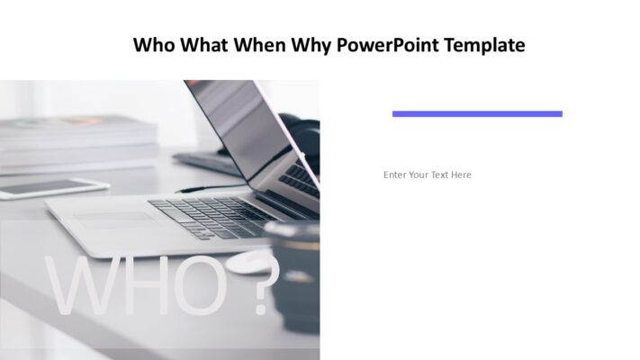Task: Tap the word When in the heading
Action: click(x=260, y=45)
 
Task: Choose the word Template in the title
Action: click(x=482, y=45)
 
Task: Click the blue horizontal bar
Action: click(x=477, y=113)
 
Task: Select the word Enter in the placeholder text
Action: click(x=394, y=175)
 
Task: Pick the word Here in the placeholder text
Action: click(x=461, y=175)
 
